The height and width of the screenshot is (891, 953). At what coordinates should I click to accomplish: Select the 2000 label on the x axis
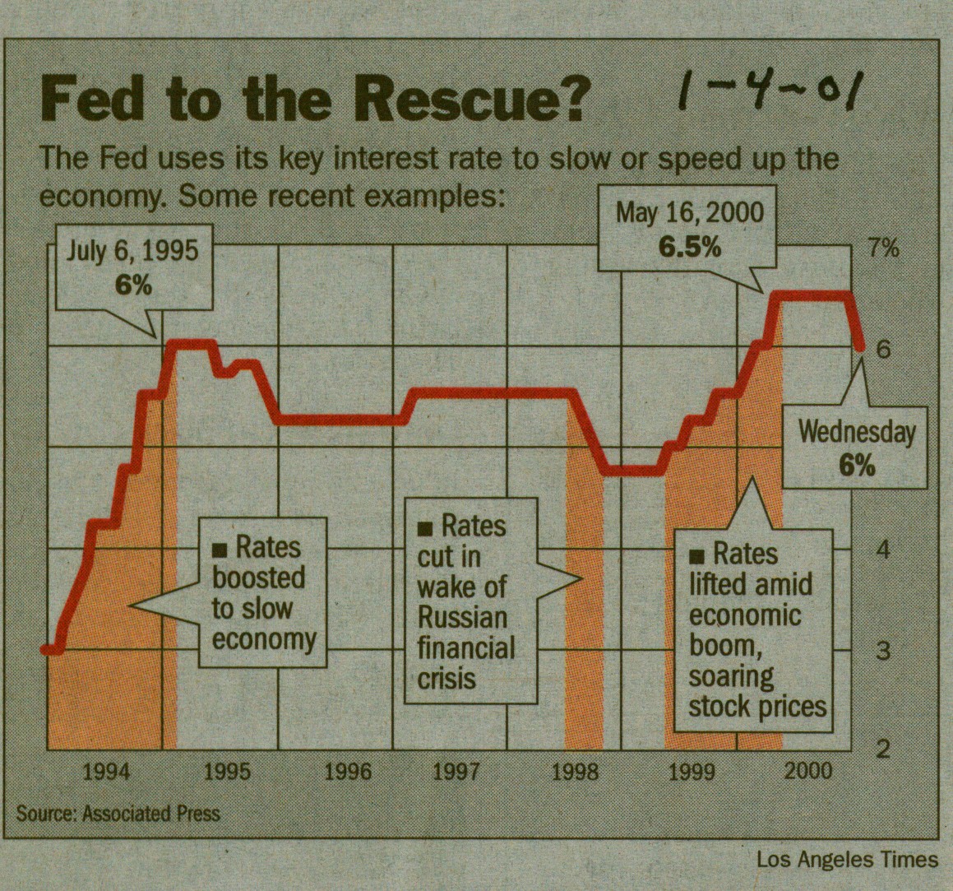[808, 771]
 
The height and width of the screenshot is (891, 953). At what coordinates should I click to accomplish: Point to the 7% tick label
[884, 248]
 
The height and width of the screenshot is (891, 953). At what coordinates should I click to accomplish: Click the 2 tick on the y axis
[883, 749]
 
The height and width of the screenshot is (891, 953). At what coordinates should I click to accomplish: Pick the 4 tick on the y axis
[883, 549]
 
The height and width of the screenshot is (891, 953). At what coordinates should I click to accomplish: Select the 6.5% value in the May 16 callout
[690, 247]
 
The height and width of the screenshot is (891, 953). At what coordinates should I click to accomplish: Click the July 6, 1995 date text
[132, 251]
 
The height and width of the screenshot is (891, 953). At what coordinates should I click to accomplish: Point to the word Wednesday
[857, 432]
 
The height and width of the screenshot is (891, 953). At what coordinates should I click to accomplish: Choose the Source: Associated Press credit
[118, 813]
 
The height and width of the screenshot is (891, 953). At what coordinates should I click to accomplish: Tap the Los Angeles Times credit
[847, 860]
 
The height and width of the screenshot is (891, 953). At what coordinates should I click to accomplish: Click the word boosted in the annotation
[258, 578]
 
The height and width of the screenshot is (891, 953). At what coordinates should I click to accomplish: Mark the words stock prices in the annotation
[756, 707]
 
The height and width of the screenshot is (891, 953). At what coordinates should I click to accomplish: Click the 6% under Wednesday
[857, 466]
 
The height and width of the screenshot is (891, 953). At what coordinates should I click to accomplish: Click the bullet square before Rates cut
[425, 527]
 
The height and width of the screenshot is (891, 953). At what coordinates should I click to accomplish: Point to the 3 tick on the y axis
[883, 650]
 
